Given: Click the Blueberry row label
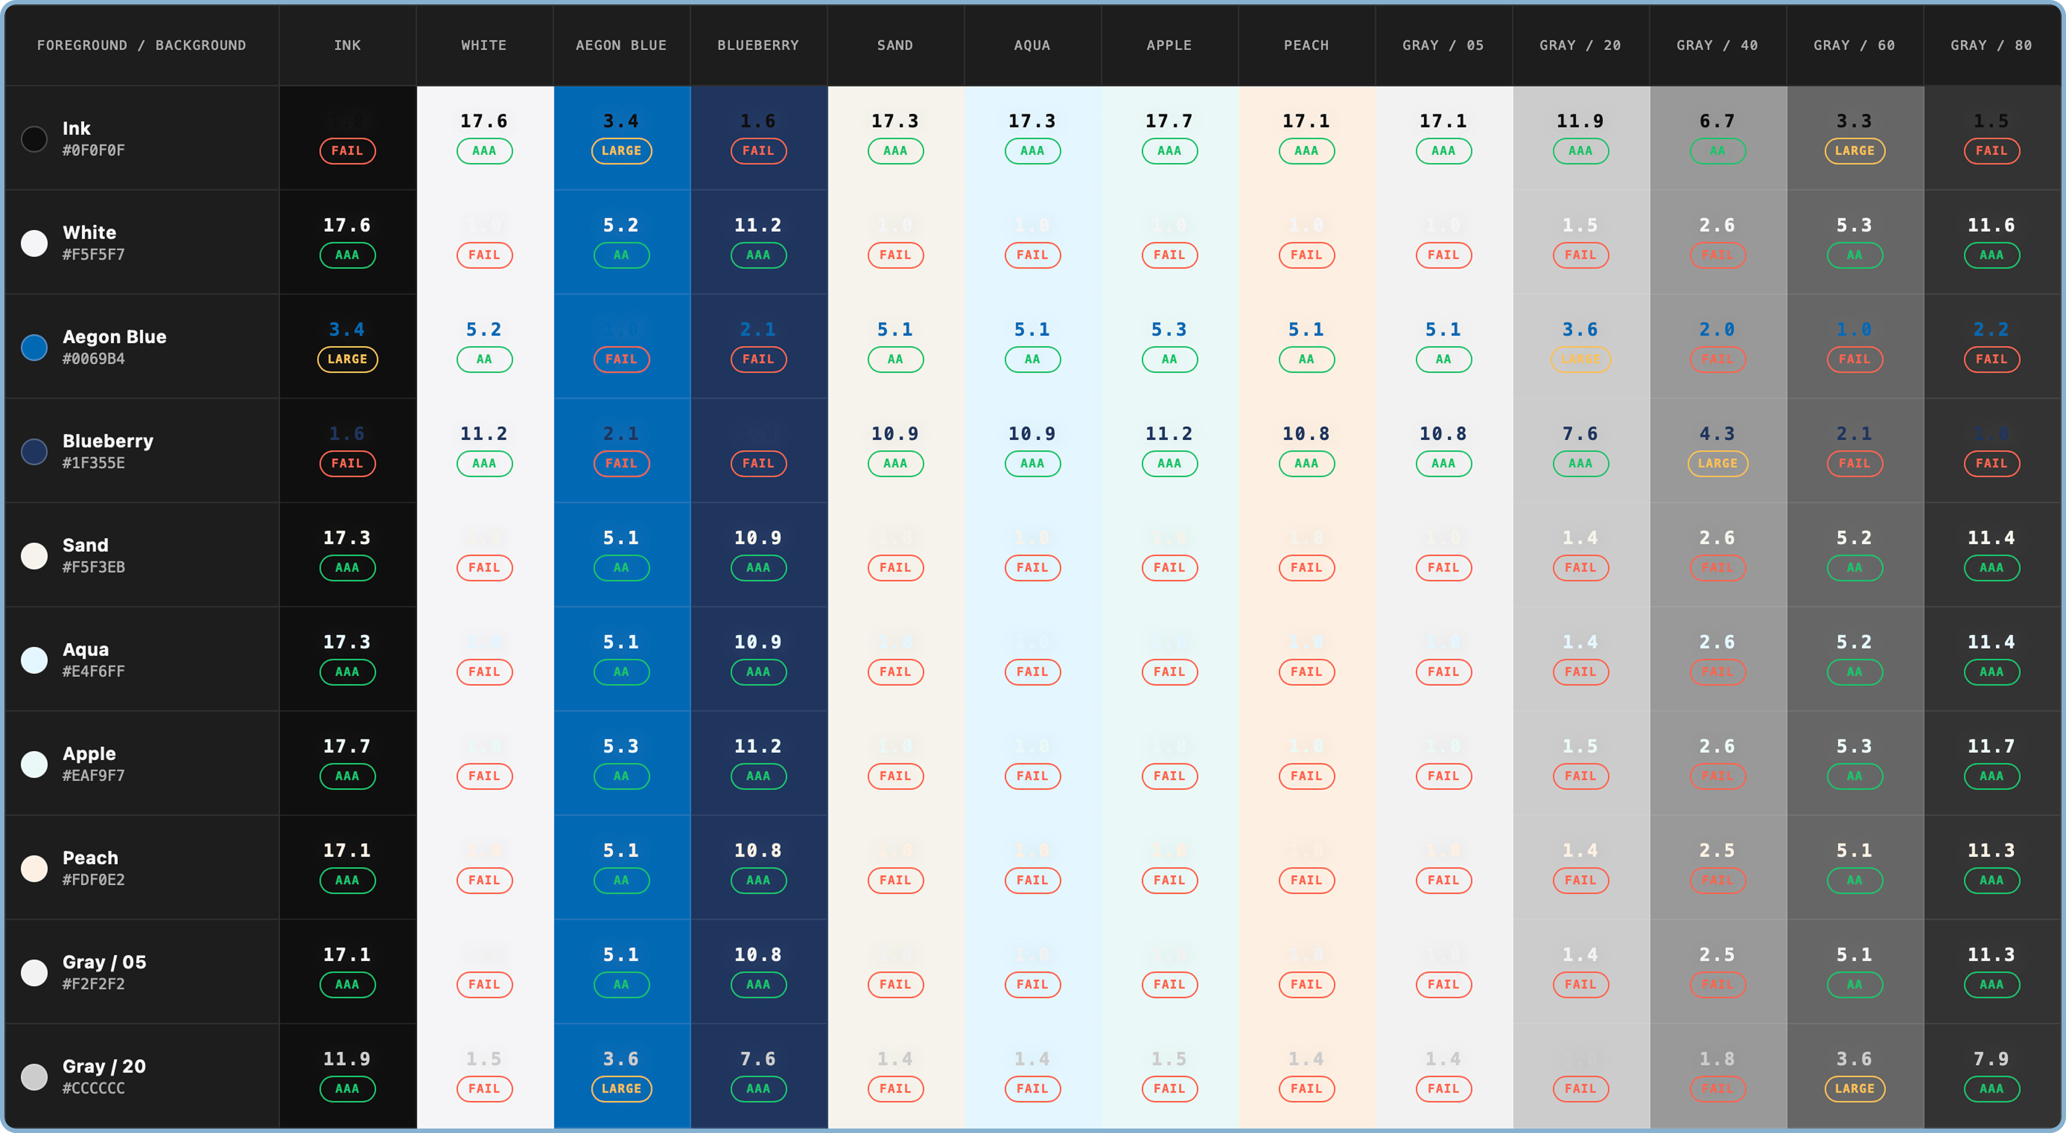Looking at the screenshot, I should pyautogui.click(x=107, y=441).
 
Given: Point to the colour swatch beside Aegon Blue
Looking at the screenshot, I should pyautogui.click(x=34, y=347).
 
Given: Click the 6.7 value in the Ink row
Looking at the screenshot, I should pyautogui.click(x=1716, y=121).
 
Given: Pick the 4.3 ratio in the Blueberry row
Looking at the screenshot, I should pyautogui.click(x=1716, y=434).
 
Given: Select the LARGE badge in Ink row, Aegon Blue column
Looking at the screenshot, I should pyautogui.click(x=621, y=151).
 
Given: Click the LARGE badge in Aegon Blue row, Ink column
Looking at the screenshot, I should pyautogui.click(x=347, y=359).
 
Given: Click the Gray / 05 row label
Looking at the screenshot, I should pyautogui.click(x=104, y=962).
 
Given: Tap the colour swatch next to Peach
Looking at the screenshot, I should pyautogui.click(x=34, y=868).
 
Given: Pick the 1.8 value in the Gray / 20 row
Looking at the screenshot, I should pyautogui.click(x=1716, y=1059).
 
